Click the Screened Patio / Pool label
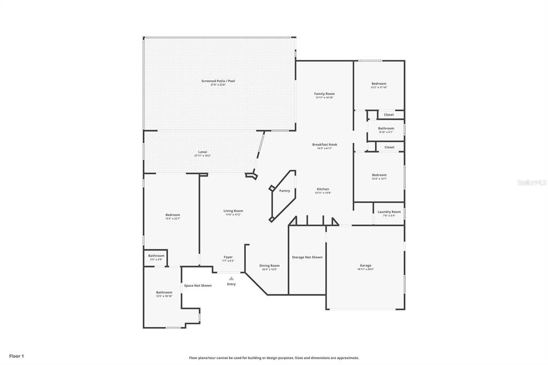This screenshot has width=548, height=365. click(x=218, y=81)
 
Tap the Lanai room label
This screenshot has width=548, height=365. click(x=202, y=152)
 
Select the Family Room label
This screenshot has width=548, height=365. click(x=324, y=94)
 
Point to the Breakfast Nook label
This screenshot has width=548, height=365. click(x=324, y=145)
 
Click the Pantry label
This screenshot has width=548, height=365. click(x=284, y=191)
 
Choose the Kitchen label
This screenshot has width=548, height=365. click(x=323, y=189)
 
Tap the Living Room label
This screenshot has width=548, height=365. click(x=233, y=211)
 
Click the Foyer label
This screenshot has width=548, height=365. click(x=228, y=257)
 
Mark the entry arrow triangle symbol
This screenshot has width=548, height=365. click(x=231, y=278)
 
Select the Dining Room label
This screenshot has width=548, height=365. click(x=269, y=265)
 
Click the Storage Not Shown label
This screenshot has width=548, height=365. click(x=307, y=257)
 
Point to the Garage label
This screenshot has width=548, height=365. click(x=366, y=265)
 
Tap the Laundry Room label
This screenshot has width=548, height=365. click(x=389, y=212)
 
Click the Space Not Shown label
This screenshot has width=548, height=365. click(x=197, y=285)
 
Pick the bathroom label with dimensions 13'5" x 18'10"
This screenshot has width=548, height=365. click(x=164, y=292)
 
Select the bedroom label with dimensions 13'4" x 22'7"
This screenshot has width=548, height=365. click(x=172, y=215)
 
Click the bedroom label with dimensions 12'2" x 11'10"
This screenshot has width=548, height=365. click(x=379, y=83)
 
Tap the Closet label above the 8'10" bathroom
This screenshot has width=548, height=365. click(x=389, y=115)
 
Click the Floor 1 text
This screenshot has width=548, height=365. click(x=17, y=356)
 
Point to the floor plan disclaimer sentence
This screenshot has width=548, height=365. click(x=273, y=358)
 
